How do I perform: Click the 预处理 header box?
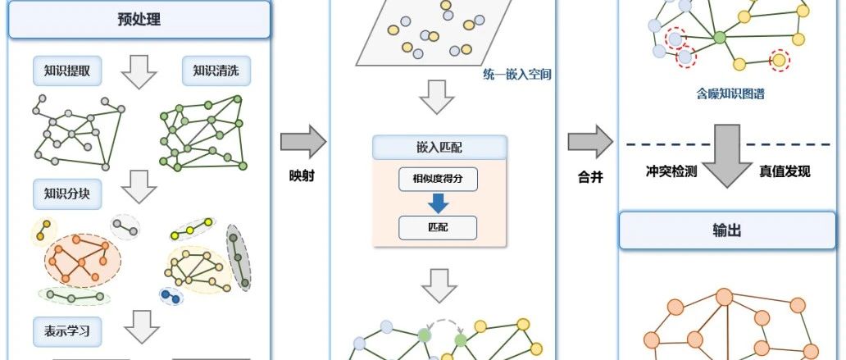tap(139, 20)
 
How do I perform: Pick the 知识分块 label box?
tap(66, 194)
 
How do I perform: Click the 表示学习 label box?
tap(66, 333)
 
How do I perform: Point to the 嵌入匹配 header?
tap(439, 148)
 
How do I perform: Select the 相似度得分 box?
tap(438, 180)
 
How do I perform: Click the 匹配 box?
tap(438, 227)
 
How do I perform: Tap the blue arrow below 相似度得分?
tap(438, 203)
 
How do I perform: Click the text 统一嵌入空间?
tap(516, 75)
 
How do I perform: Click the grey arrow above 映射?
tap(302, 142)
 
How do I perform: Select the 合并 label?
tap(590, 175)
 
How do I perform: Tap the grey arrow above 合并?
tap(590, 142)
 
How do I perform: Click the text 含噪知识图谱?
tap(730, 94)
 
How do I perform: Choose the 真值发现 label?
tap(785, 171)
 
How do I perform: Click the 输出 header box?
tap(726, 230)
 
